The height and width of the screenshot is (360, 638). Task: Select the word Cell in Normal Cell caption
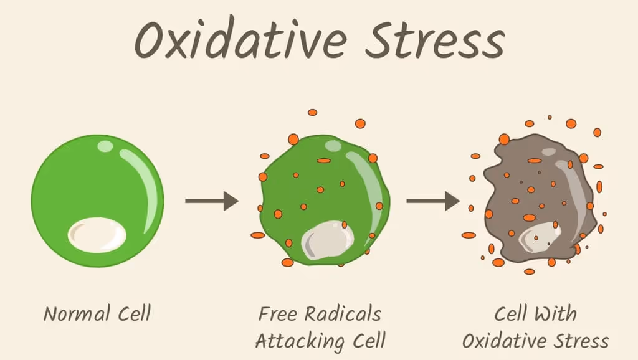click(x=132, y=313)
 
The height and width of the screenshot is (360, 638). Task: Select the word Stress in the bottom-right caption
click(x=583, y=340)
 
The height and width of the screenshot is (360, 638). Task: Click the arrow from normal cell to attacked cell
click(x=212, y=201)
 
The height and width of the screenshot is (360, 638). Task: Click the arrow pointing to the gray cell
click(x=433, y=201)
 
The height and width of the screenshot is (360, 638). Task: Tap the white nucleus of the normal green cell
click(x=97, y=234)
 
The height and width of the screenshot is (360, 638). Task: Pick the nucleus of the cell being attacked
click(x=328, y=240)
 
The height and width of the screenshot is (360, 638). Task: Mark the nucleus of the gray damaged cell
click(x=540, y=235)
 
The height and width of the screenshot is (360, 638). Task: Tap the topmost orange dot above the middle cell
click(x=313, y=113)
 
